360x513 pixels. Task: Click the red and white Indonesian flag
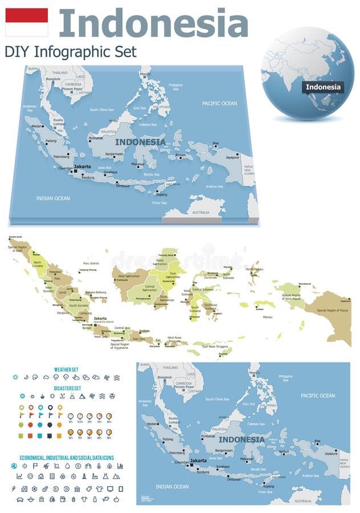click(26, 22)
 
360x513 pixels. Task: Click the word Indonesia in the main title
click(153, 23)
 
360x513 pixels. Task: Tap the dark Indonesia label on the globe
click(323, 87)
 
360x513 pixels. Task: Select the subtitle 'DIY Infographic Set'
click(71, 52)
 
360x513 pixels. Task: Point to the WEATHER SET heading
click(67, 369)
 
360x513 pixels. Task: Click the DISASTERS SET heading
click(67, 388)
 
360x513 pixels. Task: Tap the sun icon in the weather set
click(15, 377)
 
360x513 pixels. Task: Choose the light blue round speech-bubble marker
click(40, 425)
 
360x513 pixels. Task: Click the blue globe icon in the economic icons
click(14, 466)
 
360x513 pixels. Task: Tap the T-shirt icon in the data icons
click(100, 488)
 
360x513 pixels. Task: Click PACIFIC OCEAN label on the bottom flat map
click(318, 396)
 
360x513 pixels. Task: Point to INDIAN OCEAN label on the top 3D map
click(52, 198)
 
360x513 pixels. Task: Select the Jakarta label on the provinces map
click(100, 318)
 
